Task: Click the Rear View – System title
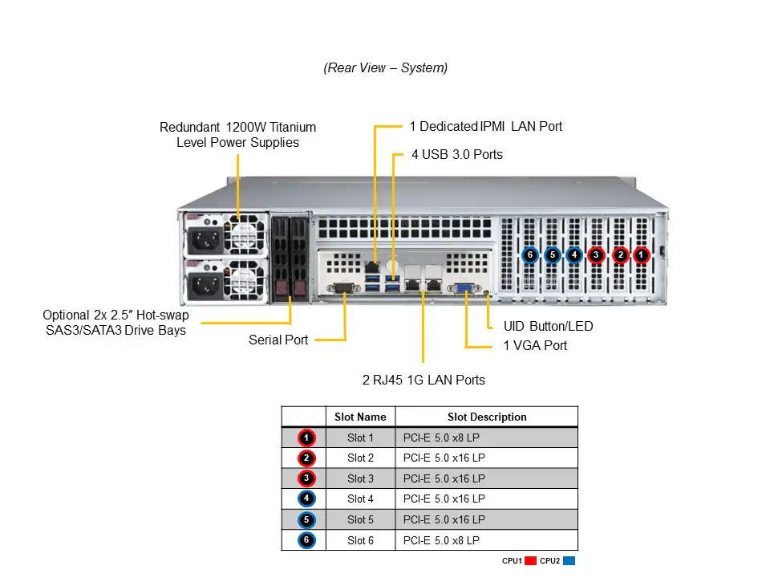tap(385, 68)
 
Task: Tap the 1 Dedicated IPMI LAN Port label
tap(485, 126)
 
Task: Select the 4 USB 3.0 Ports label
tap(456, 154)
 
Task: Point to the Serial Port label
tap(278, 340)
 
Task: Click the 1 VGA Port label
tap(535, 345)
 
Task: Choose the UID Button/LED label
tap(548, 327)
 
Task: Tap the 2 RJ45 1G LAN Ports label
tap(423, 380)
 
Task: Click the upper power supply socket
tap(203, 238)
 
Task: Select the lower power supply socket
tap(203, 283)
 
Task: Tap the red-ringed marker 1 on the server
tap(641, 255)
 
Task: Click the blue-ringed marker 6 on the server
tap(529, 255)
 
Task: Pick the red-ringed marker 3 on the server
tap(595, 255)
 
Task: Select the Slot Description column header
tap(486, 417)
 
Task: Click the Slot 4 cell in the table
tap(360, 499)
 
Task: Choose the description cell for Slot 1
tap(486, 438)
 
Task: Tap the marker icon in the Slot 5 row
tap(306, 519)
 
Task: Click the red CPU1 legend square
tap(530, 561)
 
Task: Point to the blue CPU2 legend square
tap(569, 561)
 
